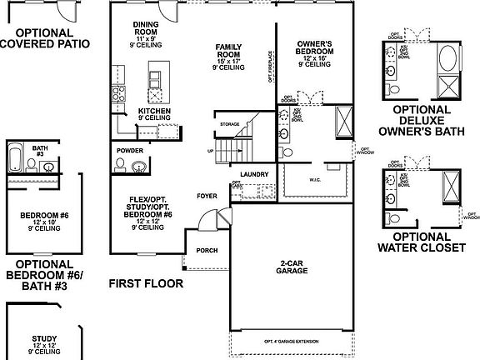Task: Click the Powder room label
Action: click(130, 151)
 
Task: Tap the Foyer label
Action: click(206, 197)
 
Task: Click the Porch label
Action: click(206, 249)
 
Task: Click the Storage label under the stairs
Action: click(229, 124)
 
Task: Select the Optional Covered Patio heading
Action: click(45, 38)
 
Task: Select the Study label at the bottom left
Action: click(43, 339)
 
